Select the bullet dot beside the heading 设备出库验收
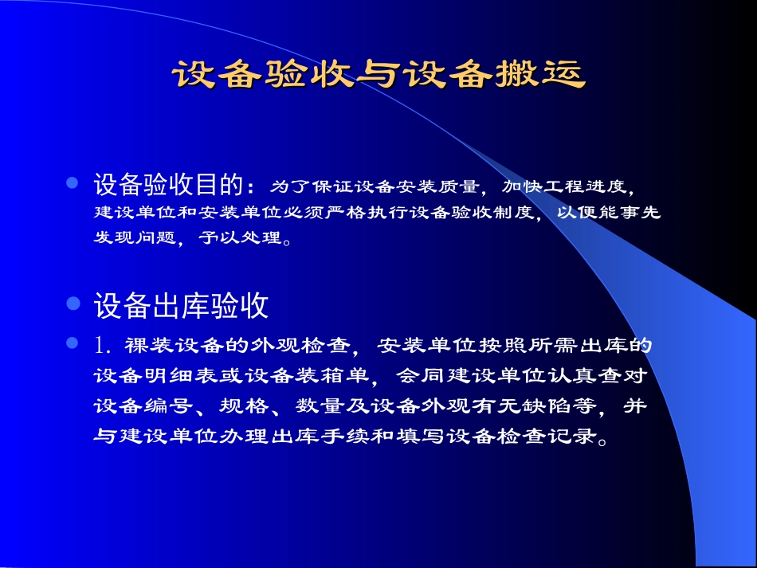click(72, 303)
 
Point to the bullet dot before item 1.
click(72, 344)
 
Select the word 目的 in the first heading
click(218, 186)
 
